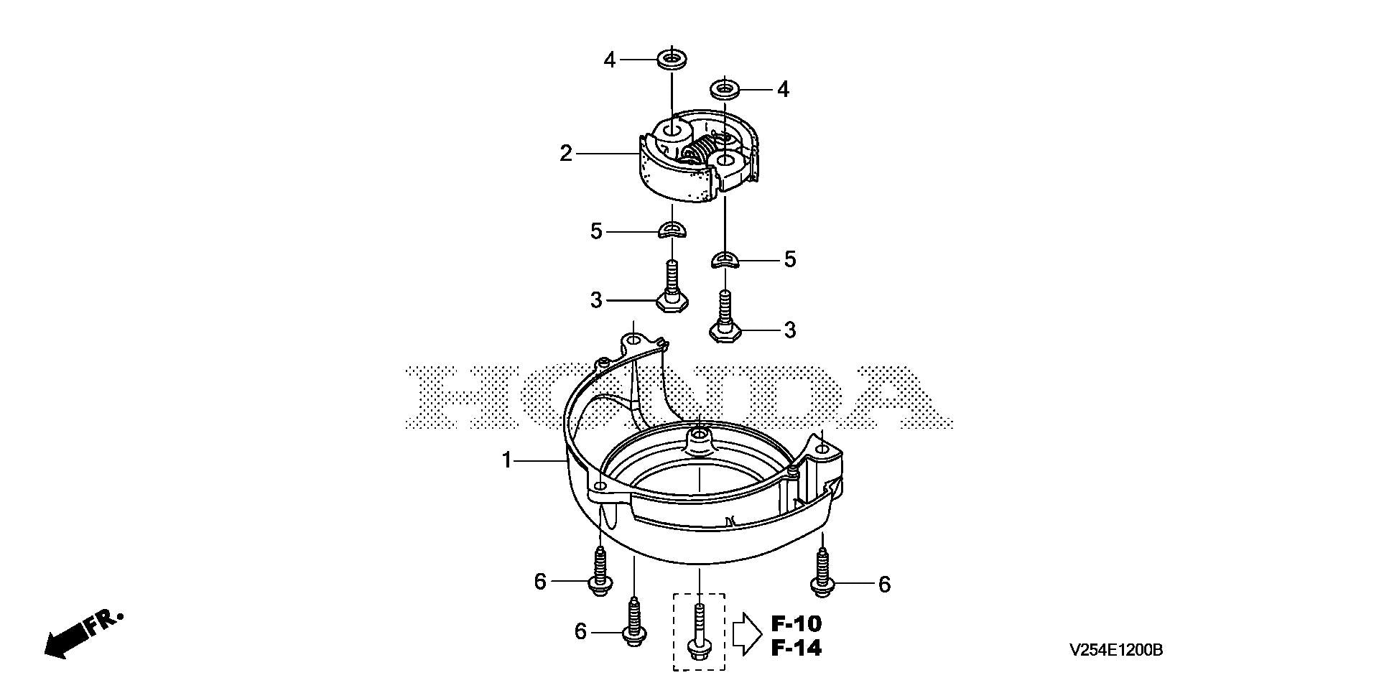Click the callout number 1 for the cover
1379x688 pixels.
click(507, 460)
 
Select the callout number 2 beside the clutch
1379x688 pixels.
click(567, 153)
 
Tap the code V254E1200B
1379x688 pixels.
click(1115, 651)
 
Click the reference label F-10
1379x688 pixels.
click(797, 623)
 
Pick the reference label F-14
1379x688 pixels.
click(797, 649)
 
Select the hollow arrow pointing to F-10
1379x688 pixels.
click(747, 634)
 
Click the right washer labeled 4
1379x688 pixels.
click(725, 90)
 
